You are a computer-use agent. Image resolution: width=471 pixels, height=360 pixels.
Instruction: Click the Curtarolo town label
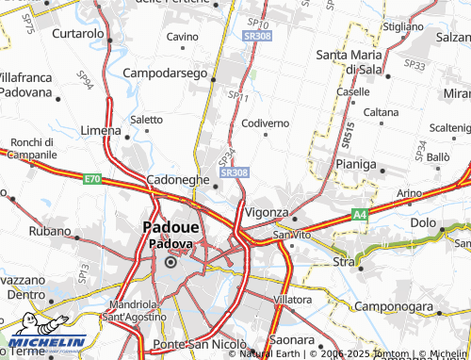[77, 34]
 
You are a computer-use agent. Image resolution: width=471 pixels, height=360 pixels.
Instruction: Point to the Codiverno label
[265, 123]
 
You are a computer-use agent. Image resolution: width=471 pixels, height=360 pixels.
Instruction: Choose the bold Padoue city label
[171, 227]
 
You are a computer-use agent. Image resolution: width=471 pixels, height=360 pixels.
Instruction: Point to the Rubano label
[43, 229]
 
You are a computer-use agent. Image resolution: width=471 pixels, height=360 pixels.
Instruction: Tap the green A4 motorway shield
[359, 216]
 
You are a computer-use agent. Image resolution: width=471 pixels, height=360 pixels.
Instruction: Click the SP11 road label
[237, 96]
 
